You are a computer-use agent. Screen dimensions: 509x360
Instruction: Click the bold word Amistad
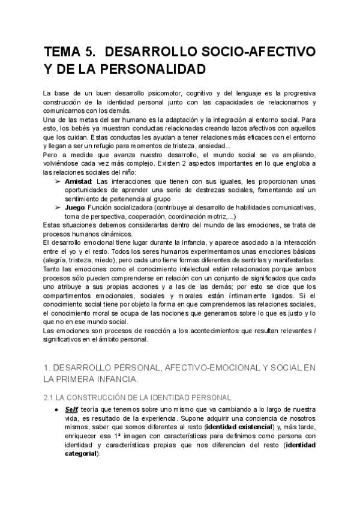click(x=78, y=182)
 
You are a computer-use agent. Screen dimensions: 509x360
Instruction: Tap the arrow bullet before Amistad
click(x=58, y=182)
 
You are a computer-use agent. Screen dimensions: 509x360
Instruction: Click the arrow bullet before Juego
click(x=58, y=208)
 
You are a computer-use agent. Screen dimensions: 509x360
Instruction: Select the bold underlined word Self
click(x=71, y=409)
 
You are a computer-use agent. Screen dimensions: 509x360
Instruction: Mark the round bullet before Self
click(x=56, y=409)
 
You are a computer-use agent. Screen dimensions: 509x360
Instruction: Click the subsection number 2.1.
click(x=50, y=397)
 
